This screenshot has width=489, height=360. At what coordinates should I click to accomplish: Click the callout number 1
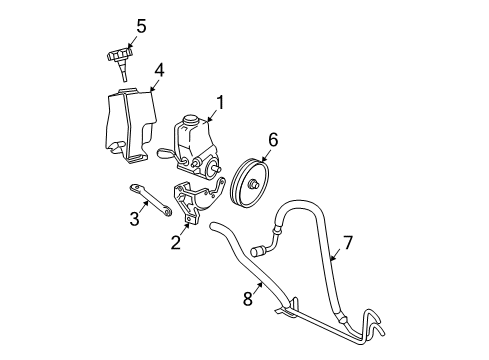[x=220, y=101]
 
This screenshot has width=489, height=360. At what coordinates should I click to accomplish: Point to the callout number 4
[x=159, y=70]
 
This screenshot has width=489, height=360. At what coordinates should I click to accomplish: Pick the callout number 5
[x=141, y=26]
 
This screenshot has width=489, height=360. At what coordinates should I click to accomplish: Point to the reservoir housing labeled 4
[x=131, y=122]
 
